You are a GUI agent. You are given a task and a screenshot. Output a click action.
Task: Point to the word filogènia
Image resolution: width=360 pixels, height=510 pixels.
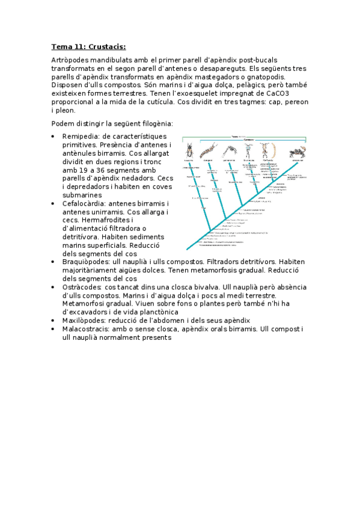click(154, 124)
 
